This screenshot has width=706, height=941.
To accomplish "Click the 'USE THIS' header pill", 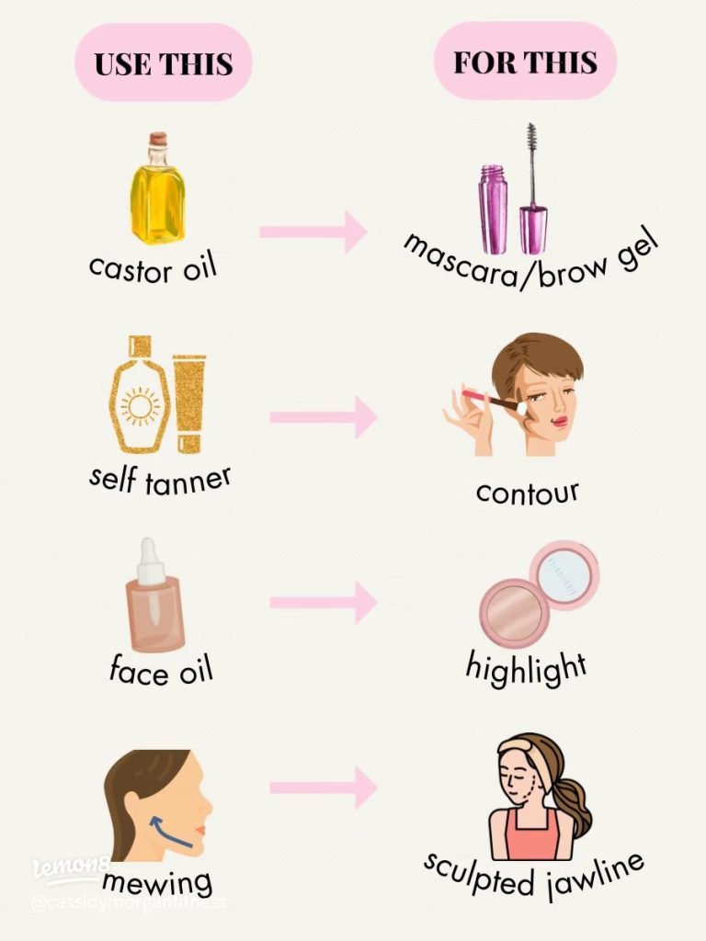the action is pos(164,62).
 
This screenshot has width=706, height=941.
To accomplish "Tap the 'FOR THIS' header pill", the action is pos(525,62).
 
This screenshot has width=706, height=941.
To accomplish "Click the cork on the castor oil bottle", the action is pos(158,140).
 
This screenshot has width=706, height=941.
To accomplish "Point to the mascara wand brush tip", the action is pos(530,144).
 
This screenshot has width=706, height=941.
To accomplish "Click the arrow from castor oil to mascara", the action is pos(313,232).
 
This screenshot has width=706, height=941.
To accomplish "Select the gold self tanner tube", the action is pos(189,403).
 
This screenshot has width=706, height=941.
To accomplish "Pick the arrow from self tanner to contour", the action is pos(324,417).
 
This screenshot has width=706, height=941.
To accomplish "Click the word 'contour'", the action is pos(528,493).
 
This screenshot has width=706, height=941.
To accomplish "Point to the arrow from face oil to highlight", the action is pos(324,602).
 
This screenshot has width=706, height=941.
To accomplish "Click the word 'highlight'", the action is pos(526,668).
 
